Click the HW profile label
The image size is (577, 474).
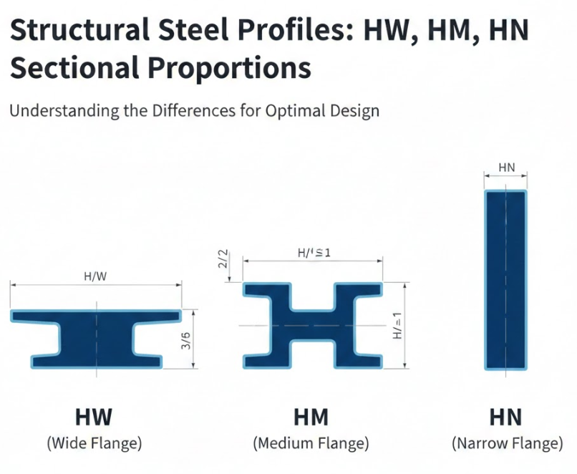pyautogui.click(x=94, y=417)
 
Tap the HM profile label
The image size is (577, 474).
pyautogui.click(x=311, y=417)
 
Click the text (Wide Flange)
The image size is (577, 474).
pyautogui.click(x=94, y=443)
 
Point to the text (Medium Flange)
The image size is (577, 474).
pyautogui.click(x=311, y=443)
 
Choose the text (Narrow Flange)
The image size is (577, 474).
pyautogui.click(x=507, y=443)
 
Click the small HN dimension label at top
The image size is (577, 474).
pyautogui.click(x=506, y=168)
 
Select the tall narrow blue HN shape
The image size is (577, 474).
pyautogui.click(x=506, y=279)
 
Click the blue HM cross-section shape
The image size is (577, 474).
pyautogui.click(x=313, y=326)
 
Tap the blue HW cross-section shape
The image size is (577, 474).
pyautogui.click(x=95, y=338)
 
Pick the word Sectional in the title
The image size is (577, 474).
pyautogui.click(x=69, y=68)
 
